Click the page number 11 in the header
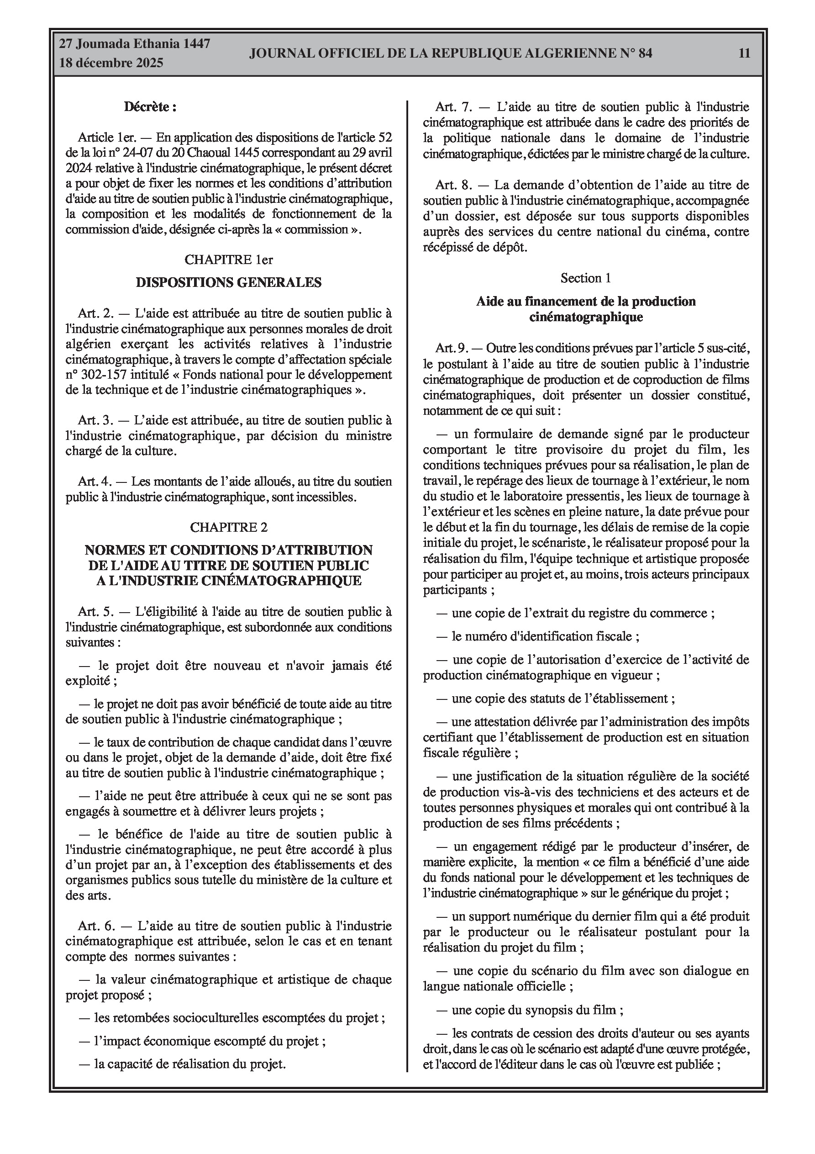pos(744,53)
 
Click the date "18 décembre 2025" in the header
pos(111,63)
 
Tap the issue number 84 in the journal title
pos(645,53)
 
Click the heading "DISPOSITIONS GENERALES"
pos(229,282)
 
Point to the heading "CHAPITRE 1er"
pos(229,259)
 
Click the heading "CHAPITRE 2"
pos(229,527)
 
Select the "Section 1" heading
pos(586,278)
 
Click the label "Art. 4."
pos(95,482)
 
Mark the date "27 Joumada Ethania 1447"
pos(134,44)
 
